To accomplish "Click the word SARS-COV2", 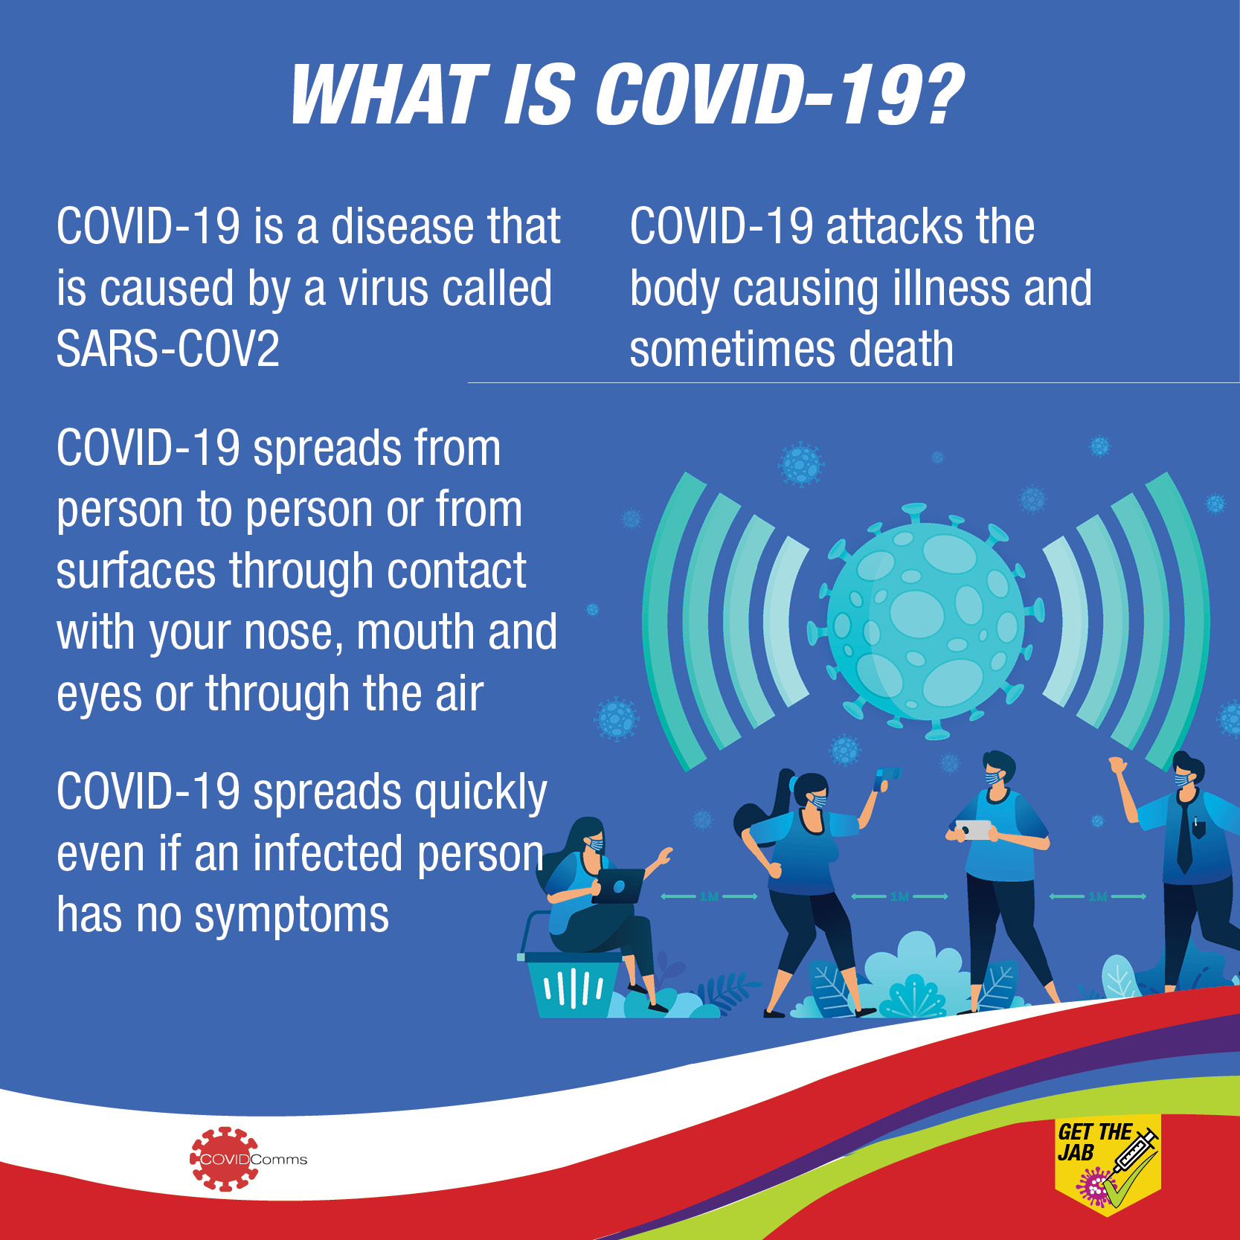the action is [168, 349].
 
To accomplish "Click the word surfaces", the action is [136, 571].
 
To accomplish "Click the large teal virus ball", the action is [925, 622].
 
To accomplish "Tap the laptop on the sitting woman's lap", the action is [619, 885].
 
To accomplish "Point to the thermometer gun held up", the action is [886, 778].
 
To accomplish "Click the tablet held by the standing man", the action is [974, 829].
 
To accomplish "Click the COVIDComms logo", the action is [248, 1159].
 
